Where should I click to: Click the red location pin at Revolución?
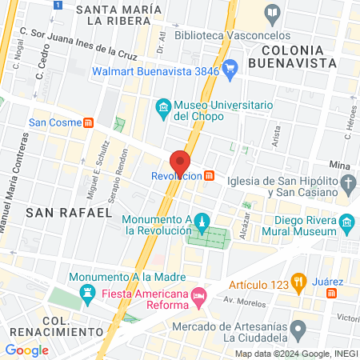click(182, 162)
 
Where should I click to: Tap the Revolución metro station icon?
click(209, 175)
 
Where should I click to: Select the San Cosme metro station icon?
click(89, 122)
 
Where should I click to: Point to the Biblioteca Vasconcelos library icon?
click(272, 13)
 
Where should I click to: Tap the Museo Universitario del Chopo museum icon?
click(163, 107)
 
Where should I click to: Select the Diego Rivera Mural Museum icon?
click(346, 222)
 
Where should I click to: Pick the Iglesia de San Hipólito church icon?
click(348, 186)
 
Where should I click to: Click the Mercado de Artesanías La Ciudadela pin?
click(298, 328)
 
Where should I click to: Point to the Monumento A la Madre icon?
click(87, 299)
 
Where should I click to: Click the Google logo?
click(26, 350)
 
